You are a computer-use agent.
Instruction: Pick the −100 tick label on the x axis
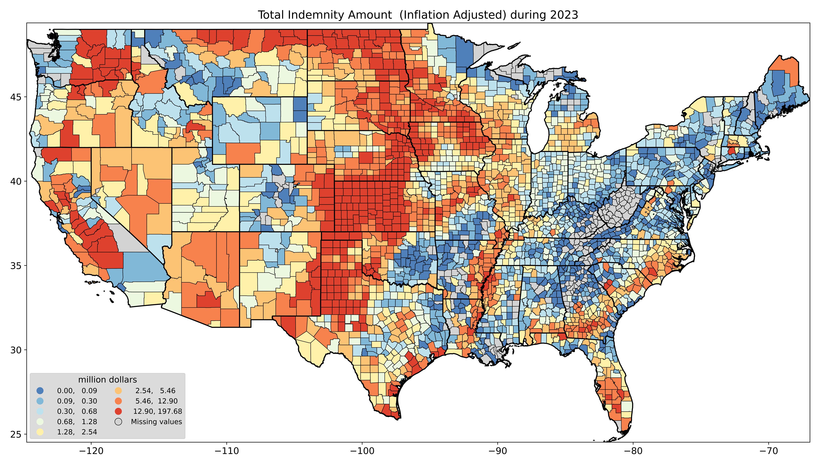(362, 451)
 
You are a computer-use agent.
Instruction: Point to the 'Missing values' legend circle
(119, 422)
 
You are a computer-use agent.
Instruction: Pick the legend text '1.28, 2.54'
(77, 432)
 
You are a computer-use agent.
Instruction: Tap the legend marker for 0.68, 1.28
(40, 422)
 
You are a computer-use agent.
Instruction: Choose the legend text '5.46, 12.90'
(156, 401)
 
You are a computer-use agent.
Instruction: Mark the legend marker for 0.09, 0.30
(40, 401)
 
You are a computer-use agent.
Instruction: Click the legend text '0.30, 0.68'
(77, 412)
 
